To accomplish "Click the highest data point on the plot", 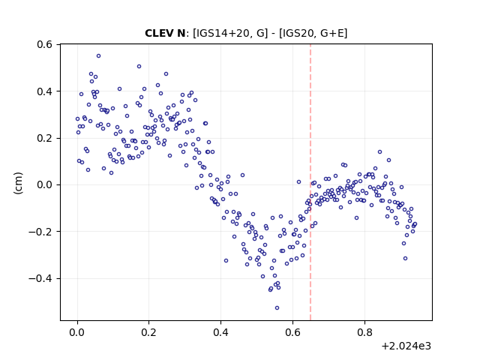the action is pyautogui.click(x=98, y=56).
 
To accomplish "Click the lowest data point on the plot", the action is pyautogui.click(x=277, y=308).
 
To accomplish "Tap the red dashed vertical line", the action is pyautogui.click(x=310, y=182).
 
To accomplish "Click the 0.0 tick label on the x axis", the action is pyautogui.click(x=77, y=332).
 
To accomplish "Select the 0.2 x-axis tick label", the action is pyautogui.click(x=148, y=332).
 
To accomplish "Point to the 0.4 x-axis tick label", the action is pyautogui.click(x=220, y=332).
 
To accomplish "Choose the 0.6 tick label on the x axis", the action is pyautogui.click(x=292, y=332).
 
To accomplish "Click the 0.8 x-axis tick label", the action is pyautogui.click(x=364, y=332).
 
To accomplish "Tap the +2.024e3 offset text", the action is pyautogui.click(x=406, y=346).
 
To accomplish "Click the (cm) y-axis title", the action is pyautogui.click(x=18, y=183).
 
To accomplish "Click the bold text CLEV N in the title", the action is pyautogui.click(x=165, y=33).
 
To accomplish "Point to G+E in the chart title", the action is pyautogui.click(x=332, y=33).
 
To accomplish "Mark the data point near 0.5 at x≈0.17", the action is pyautogui.click(x=139, y=67).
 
